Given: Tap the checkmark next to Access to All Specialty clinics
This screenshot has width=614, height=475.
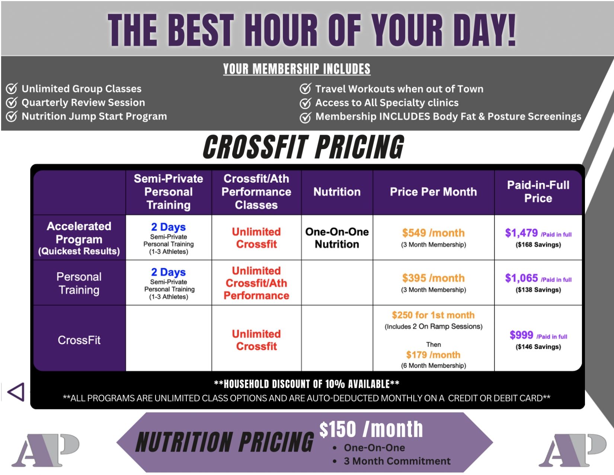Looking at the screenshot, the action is (306, 103).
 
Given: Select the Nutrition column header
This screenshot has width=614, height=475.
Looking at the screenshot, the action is (337, 192).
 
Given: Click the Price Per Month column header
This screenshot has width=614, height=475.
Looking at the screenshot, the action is (433, 192).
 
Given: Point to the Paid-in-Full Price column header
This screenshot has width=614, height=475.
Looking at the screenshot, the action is (538, 191).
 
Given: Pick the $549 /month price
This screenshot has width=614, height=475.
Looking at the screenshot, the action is (433, 233).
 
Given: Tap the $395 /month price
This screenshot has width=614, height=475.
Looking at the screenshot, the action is (433, 278).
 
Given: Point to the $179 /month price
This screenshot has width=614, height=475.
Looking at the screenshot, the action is (433, 355).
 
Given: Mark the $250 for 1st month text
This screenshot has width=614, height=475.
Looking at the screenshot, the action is (433, 315).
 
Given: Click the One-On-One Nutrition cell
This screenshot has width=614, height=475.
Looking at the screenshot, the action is (337, 238).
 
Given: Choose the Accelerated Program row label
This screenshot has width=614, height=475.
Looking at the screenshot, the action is (79, 238).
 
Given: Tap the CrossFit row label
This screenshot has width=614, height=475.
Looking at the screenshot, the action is (79, 340).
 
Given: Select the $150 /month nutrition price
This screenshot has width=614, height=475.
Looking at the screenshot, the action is (371, 429).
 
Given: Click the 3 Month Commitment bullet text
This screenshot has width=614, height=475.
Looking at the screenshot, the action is (397, 461).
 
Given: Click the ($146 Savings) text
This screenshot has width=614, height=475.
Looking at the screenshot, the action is (538, 347).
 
